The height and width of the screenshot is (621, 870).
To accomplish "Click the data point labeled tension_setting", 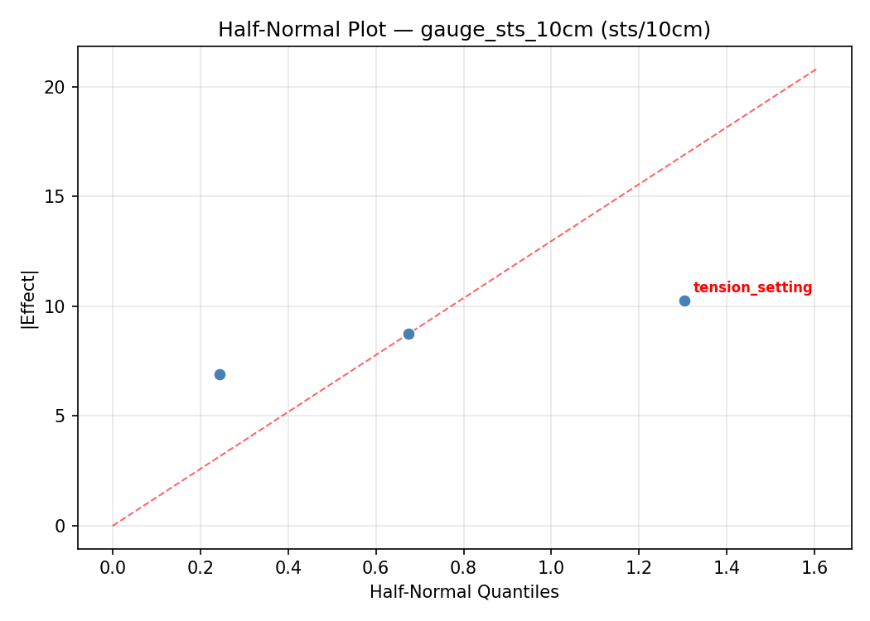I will tap(684, 301).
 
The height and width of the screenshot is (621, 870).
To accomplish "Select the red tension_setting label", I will tap(752, 288).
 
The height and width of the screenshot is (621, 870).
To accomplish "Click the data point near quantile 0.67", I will tap(408, 334).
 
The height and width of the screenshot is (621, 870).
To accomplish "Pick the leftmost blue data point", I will tap(220, 374).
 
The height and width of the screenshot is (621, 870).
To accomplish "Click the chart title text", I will tap(464, 30).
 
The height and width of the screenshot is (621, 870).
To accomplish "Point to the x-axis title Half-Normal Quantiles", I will tap(464, 592).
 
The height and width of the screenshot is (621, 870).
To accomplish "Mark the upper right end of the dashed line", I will tap(816, 69).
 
